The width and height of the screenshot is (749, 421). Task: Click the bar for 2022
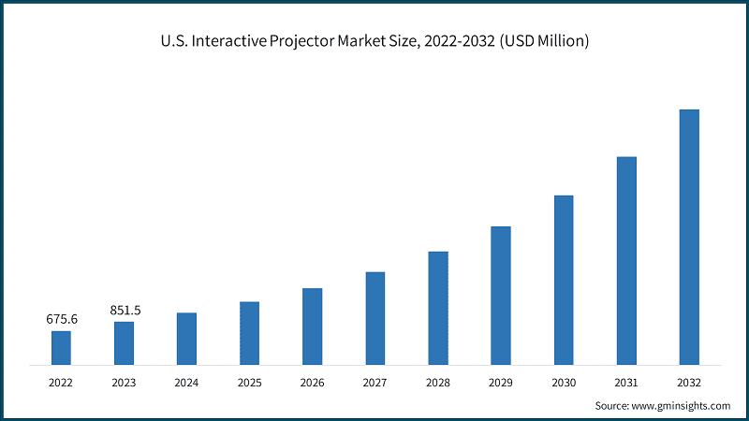point(61,347)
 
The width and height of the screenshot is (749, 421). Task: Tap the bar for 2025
point(249,333)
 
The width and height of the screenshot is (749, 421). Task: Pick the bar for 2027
point(374,318)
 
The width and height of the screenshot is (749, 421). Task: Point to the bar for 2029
point(501,295)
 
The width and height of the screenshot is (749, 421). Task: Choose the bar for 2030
point(564,280)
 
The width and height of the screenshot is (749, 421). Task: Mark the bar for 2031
point(626,260)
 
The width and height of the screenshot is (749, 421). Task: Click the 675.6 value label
point(62,319)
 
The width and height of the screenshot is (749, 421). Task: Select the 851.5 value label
point(125,310)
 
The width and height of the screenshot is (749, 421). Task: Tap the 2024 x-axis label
point(186,383)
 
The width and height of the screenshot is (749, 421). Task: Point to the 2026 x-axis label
point(312,383)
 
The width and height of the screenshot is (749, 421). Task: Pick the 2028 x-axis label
point(437,383)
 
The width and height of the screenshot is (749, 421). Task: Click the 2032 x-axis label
point(689,383)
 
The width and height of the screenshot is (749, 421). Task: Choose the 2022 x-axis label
point(61,383)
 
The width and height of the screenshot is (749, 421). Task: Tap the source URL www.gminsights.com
point(683,406)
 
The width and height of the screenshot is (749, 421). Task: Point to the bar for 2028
point(438,308)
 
